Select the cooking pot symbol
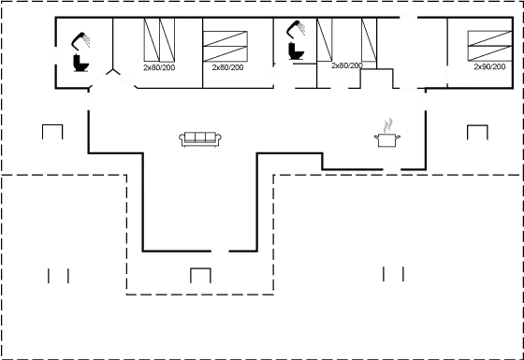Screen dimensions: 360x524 [385, 139]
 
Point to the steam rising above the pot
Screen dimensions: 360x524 [386, 124]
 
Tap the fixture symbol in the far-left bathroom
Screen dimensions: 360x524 [80, 51]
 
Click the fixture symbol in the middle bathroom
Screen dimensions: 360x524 [296, 42]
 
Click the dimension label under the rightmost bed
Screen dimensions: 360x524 [489, 67]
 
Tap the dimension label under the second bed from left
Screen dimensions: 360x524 [227, 67]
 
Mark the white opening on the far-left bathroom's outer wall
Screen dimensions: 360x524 [55, 53]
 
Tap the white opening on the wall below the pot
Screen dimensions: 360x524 [392, 169]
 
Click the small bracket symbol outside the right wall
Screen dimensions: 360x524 [477, 131]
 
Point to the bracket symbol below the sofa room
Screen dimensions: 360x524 [200, 275]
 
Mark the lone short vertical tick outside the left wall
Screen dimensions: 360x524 [64, 130]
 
